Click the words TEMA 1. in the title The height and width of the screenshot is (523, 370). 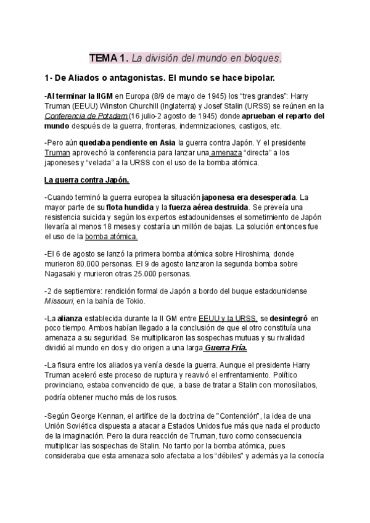pyautogui.click(x=109, y=59)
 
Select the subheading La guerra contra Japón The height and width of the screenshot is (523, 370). pyautogui.click(x=86, y=181)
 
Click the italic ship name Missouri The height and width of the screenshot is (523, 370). pyautogui.click(x=59, y=301)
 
